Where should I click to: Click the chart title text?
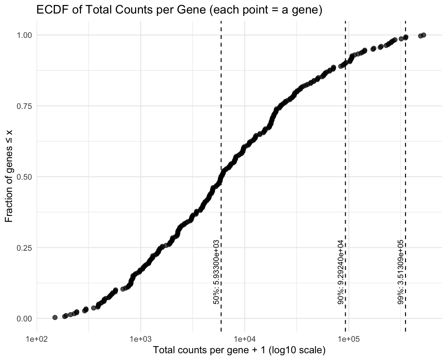[x=179, y=10]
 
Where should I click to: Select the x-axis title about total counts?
[x=239, y=350]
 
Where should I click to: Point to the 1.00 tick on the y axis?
[x=25, y=35]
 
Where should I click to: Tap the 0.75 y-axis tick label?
[x=25, y=106]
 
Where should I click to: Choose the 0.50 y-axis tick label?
[x=25, y=177]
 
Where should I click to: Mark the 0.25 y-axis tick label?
[x=25, y=248]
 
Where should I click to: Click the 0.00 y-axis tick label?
[x=25, y=318]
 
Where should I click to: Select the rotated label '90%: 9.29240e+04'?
[x=341, y=273]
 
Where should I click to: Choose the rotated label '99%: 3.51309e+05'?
[x=401, y=273]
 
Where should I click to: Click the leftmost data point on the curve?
[x=55, y=317]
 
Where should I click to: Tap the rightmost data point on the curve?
[x=424, y=35]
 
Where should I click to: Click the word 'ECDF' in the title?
[x=48, y=10]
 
